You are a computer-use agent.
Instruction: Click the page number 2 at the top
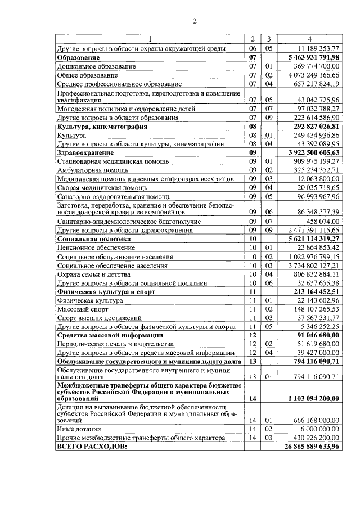click(194, 21)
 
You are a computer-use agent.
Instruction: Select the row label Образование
click(78, 57)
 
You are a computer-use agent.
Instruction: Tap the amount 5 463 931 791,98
click(313, 57)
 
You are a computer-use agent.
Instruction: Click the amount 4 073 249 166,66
click(313, 75)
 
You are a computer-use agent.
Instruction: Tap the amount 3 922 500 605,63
click(313, 152)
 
